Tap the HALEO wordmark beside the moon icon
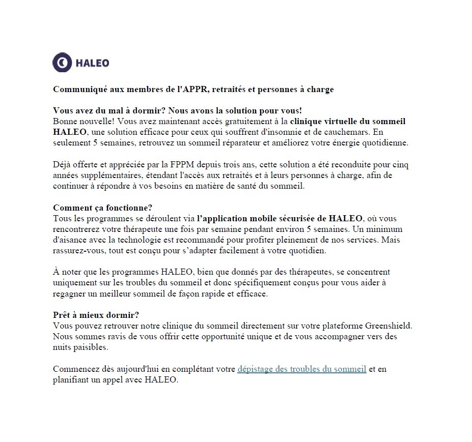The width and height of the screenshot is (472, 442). click(x=92, y=63)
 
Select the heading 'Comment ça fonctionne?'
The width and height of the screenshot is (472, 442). click(x=103, y=208)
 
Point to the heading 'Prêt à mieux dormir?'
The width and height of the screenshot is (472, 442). click(x=96, y=314)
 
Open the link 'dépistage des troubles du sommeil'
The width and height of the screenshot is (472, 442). click(x=301, y=369)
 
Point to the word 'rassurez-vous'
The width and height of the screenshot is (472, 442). click(x=77, y=251)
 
